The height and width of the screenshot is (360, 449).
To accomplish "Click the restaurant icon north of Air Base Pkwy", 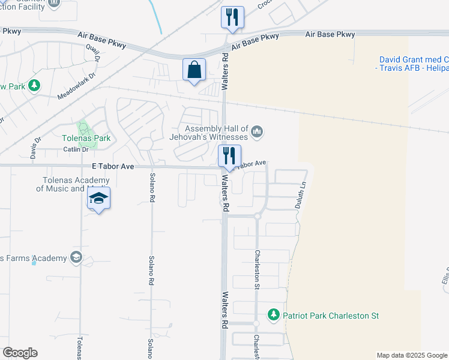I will pos(232,17).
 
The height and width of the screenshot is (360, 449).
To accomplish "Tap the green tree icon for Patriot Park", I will pos(274,315).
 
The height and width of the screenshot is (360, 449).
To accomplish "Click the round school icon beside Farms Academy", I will pos(76,258).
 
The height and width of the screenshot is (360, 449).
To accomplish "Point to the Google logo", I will pos(20,353).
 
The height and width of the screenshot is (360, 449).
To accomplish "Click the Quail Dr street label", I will pos(92,52).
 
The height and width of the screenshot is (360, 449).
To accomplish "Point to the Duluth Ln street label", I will pos(301,195).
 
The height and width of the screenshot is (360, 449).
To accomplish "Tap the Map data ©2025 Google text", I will pos(412,355).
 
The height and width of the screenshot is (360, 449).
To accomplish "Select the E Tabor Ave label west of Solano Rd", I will pos(113,166).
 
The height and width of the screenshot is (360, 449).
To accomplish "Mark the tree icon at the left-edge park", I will pos(34,86).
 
